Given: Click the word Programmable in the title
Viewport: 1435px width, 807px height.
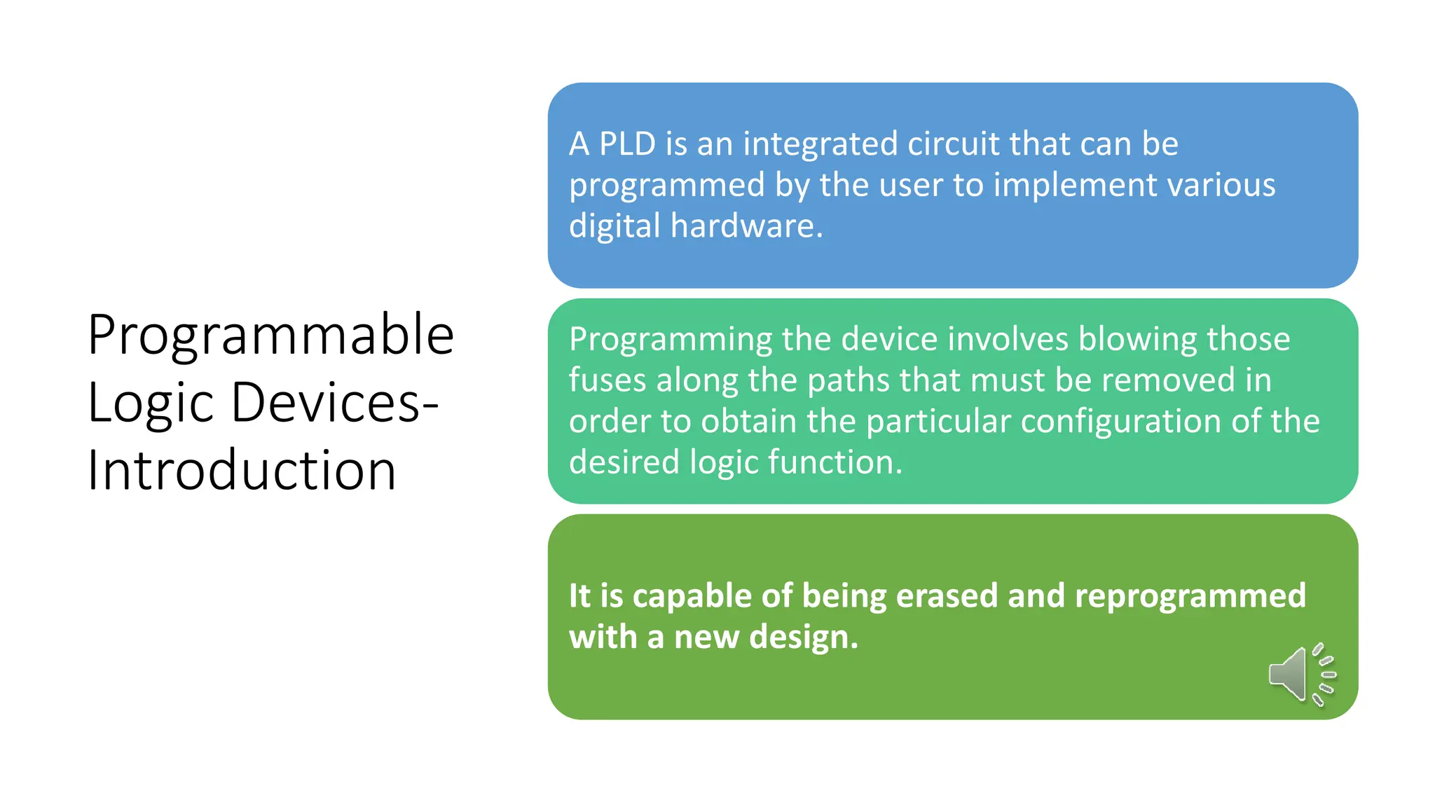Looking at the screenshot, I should click(x=271, y=336).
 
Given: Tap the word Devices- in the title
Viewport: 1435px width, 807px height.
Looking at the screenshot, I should click(x=334, y=403).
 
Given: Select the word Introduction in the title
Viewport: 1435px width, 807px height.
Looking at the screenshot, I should click(x=242, y=470).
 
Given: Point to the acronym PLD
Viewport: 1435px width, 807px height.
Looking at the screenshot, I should click(x=627, y=144).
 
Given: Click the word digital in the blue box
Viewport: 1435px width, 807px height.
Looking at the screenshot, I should click(x=614, y=226).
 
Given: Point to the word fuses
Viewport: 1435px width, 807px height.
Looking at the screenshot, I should click(x=607, y=380).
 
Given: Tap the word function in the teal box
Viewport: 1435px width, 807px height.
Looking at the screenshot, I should click(x=835, y=462).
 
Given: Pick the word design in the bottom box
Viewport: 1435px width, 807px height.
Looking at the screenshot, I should click(x=803, y=637).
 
